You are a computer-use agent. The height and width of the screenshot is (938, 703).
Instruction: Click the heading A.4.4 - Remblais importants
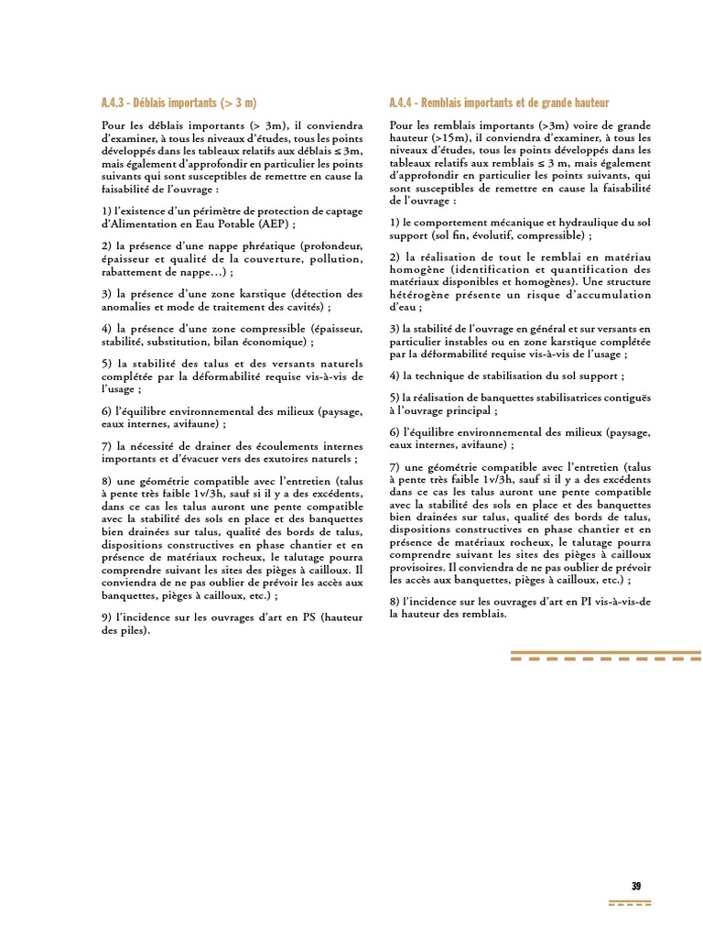click(499, 103)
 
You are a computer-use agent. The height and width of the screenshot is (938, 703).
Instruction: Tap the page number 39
click(636, 885)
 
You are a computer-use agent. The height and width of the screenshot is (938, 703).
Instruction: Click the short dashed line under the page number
click(631, 904)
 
